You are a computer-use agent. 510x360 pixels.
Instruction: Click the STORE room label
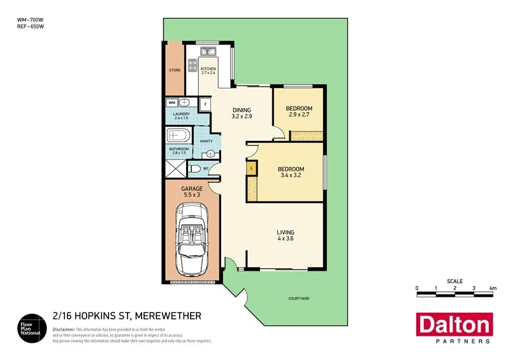174,70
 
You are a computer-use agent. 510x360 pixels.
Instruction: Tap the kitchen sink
208,52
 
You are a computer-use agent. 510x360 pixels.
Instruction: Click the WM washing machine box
172,102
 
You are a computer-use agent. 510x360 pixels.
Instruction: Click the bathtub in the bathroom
177,136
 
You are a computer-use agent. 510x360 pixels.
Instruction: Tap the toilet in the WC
196,169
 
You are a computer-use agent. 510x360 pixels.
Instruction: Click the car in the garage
192,240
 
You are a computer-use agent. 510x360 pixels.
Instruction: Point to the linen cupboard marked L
252,168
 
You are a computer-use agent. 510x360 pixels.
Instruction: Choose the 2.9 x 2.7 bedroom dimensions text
299,115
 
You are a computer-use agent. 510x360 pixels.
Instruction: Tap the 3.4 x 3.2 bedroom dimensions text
291,175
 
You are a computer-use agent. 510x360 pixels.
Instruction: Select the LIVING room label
284,232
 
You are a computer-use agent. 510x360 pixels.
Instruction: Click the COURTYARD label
298,298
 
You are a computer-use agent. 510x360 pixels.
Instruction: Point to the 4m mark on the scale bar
492,288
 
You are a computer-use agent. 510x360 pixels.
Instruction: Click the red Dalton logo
453,326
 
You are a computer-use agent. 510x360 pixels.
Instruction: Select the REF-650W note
30,27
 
